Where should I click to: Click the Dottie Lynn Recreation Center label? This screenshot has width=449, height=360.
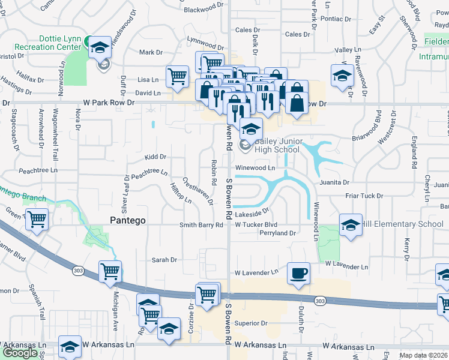click(59, 42)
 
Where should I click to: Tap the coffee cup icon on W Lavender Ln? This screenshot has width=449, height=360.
click(298, 274)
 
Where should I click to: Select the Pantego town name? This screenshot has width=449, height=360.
click(128, 220)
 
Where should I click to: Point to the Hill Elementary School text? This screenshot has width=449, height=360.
click(405, 224)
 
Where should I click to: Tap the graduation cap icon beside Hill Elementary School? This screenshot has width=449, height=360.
click(351, 225)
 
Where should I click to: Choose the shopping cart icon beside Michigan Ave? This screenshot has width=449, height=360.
click(110, 272)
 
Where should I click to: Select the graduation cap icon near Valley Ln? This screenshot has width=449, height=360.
click(342, 76)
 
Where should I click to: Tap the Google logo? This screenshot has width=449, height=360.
click(20, 353)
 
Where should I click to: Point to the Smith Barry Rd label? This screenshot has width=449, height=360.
click(202, 225)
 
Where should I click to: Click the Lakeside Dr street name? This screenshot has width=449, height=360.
click(251, 213)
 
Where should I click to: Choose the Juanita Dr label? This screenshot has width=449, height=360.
click(334, 182)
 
